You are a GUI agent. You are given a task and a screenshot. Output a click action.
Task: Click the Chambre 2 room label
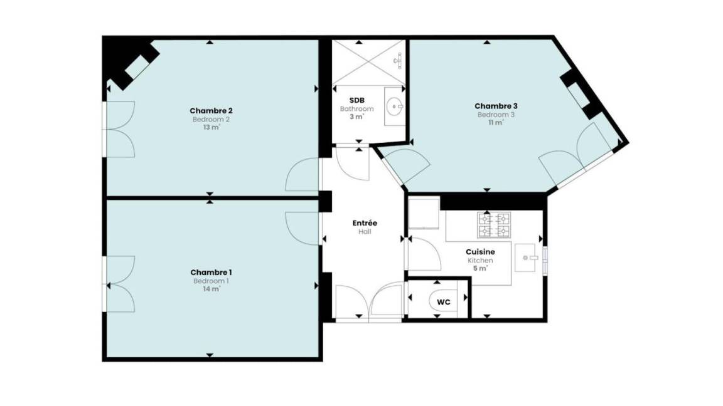tap(211, 110)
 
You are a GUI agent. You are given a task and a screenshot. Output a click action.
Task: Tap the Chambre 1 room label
tap(211, 273)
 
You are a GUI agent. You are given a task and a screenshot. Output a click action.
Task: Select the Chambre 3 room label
tap(496, 106)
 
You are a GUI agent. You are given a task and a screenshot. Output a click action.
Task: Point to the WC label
tap(444, 302)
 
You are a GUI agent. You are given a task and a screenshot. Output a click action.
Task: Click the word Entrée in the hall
tap(365, 223)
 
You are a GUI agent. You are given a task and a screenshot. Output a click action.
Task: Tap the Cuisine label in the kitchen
tap(481, 252)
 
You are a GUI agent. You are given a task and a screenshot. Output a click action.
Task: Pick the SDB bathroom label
tap(357, 100)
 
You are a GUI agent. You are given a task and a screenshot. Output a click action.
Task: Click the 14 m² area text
tap(212, 289)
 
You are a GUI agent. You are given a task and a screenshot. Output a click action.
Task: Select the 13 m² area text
tap(212, 127)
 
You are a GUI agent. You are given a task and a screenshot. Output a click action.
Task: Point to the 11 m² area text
tap(496, 122)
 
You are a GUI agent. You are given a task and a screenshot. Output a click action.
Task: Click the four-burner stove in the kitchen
tap(495, 225)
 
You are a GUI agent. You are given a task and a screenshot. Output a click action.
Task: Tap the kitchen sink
tap(527, 258)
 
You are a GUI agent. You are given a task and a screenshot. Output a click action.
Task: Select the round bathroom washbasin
tap(394, 107)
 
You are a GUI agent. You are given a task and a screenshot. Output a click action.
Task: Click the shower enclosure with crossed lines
tap(369, 63)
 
